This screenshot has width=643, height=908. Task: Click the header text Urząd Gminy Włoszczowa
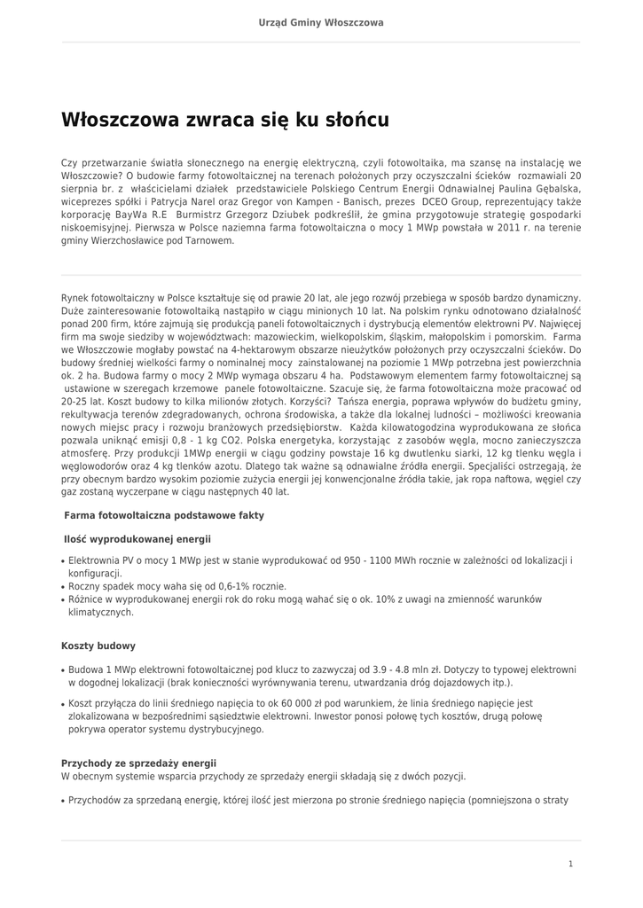click(x=321, y=22)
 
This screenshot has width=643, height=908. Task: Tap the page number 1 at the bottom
click(x=570, y=863)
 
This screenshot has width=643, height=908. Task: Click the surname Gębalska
click(x=553, y=189)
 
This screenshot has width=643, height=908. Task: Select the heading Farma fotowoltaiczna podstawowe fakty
click(x=164, y=515)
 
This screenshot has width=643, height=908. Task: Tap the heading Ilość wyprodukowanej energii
click(x=137, y=538)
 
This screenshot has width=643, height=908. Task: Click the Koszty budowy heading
click(x=98, y=646)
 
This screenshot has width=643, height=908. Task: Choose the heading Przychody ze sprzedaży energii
click(x=138, y=763)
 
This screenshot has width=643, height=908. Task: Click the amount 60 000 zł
click(x=310, y=704)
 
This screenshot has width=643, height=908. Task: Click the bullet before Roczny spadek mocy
click(x=63, y=587)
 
